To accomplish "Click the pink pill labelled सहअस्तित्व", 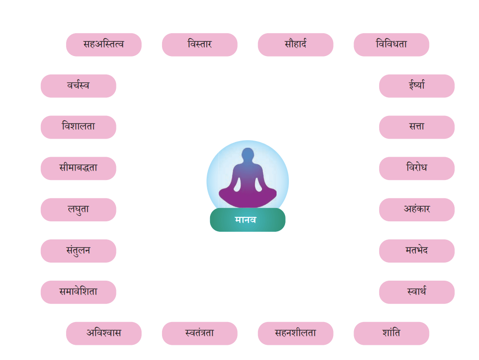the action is [104, 45].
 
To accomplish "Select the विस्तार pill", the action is [200, 45].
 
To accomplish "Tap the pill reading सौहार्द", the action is [296, 45].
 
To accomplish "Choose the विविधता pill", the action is [392, 45].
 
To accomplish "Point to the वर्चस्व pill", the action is [78, 86].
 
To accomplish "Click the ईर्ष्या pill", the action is [417, 86].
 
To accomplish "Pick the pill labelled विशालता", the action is [78, 127].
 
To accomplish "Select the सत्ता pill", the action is [417, 127].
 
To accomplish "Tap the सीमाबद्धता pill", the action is [78, 168].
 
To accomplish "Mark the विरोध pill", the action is [417, 168].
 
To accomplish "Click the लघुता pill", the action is [78, 209].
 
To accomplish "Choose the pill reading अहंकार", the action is [417, 209].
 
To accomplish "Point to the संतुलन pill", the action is [78, 251].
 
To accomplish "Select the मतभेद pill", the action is [417, 251].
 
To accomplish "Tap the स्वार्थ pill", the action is [417, 292].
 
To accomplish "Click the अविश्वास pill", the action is [104, 333].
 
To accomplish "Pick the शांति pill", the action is [392, 333].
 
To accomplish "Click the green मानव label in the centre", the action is [248, 220].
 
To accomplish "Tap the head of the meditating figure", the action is [248, 154].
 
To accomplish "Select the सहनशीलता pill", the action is [296, 333].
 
